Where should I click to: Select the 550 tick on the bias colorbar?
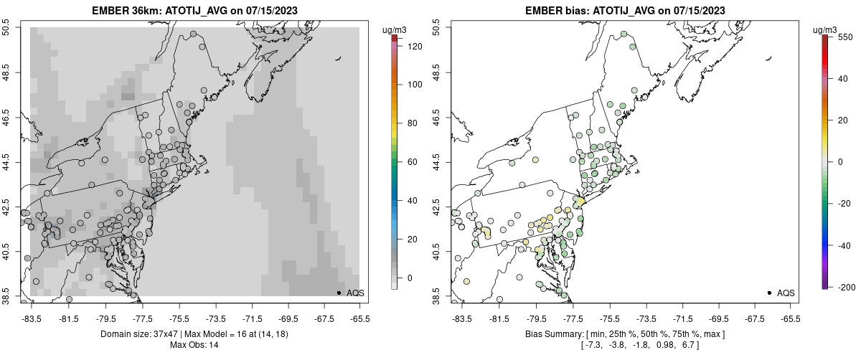click(x=844, y=35)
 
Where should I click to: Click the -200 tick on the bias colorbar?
click(x=844, y=288)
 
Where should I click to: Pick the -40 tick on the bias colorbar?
click(x=844, y=244)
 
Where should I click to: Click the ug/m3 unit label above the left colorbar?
click(x=396, y=29)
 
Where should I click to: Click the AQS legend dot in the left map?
click(x=339, y=293)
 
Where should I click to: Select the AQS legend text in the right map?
click(x=786, y=293)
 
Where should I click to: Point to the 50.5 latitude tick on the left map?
click(x=6, y=28)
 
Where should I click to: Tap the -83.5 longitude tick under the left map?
click(x=32, y=319)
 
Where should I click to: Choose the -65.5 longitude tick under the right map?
click(x=791, y=319)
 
